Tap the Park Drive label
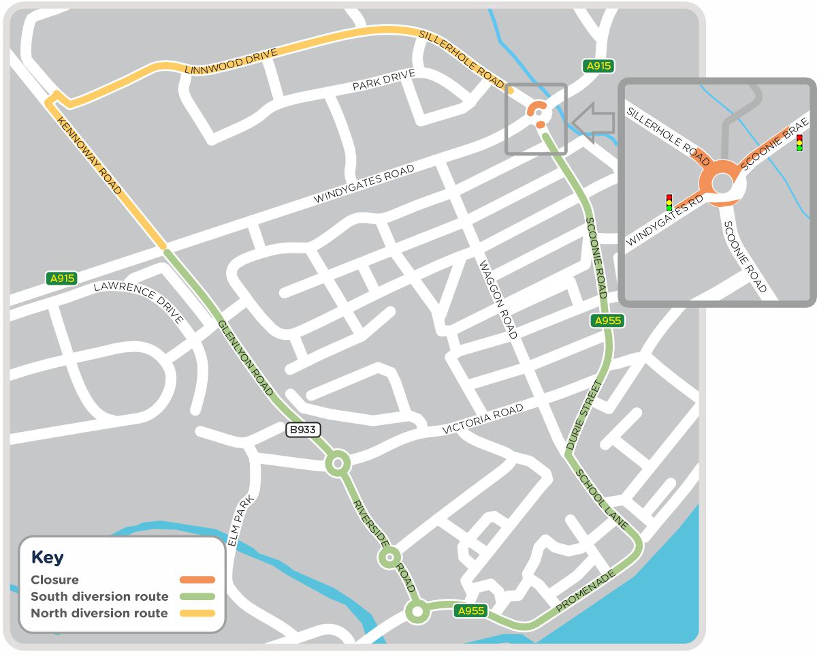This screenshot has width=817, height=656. tap(383, 81)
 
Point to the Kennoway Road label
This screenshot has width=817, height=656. tap(90, 156)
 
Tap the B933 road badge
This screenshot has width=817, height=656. tap(302, 430)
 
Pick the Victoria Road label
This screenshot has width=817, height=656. tap(483, 418)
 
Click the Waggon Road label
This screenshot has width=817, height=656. tap(498, 300)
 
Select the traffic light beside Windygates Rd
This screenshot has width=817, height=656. tap(669, 202)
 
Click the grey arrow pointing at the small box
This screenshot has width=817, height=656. tap(593, 123)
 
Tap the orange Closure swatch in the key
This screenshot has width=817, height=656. tap(197, 580)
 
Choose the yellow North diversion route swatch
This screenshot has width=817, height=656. tap(197, 613)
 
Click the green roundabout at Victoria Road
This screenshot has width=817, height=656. tap(337, 464)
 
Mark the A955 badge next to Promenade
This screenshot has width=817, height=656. tap(471, 611)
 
